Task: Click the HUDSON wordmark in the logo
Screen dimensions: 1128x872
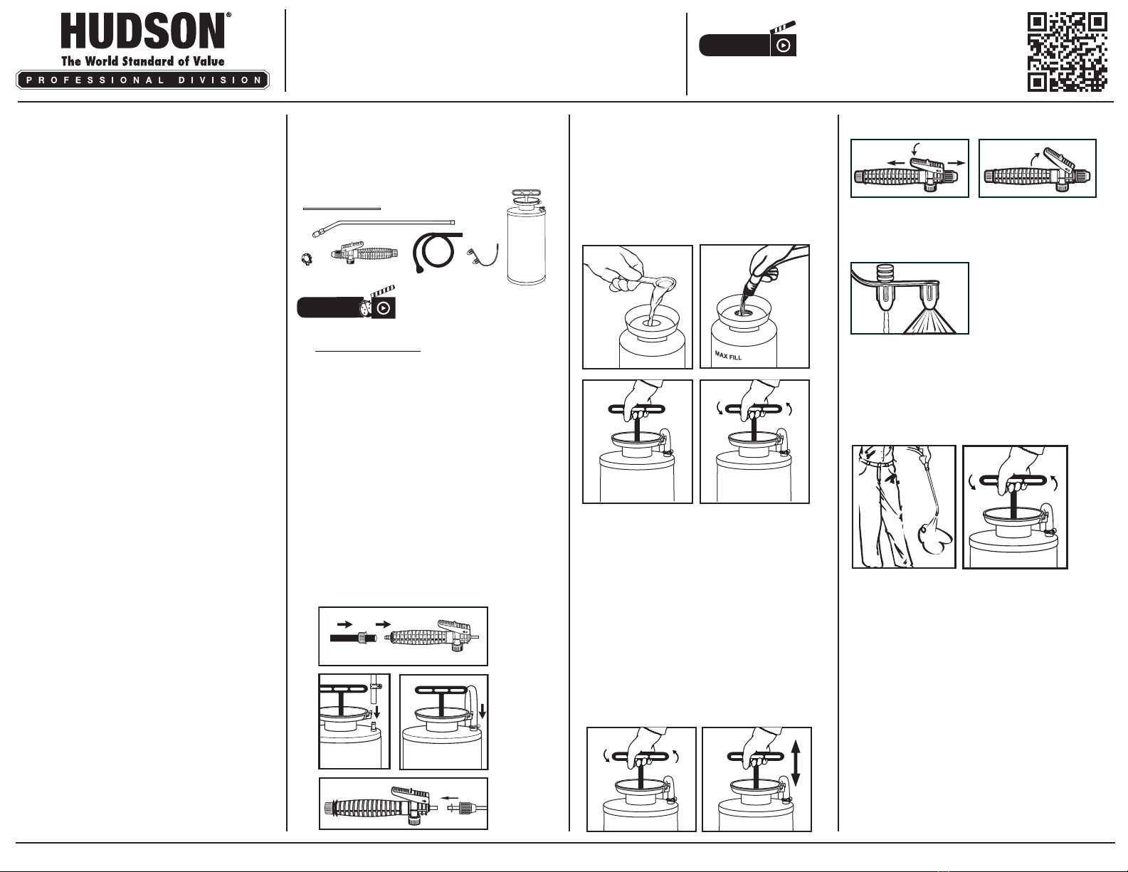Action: click(143, 33)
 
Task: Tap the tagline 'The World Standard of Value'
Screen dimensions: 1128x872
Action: click(142, 61)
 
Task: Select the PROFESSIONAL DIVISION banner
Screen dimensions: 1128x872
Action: click(142, 80)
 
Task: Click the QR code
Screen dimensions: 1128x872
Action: click(1067, 52)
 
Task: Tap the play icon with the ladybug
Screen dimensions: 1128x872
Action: click(383, 308)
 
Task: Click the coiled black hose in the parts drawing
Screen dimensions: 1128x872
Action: click(435, 250)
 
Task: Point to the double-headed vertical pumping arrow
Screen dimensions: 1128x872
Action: click(796, 777)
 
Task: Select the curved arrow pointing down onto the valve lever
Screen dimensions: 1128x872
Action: click(915, 147)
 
